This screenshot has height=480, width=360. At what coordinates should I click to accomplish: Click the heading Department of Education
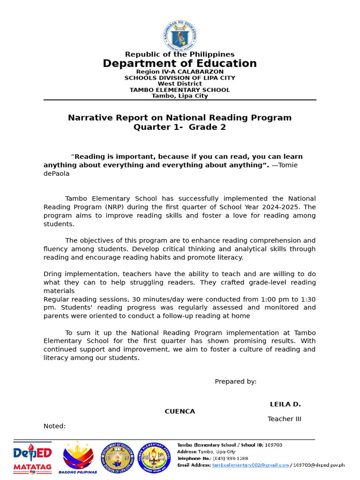[x=180, y=64]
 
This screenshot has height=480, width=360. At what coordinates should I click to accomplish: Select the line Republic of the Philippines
[x=180, y=54]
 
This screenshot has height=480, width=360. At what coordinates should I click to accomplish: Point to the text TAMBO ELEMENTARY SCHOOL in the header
[x=180, y=90]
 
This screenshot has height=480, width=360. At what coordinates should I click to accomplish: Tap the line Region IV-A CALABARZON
[x=180, y=72]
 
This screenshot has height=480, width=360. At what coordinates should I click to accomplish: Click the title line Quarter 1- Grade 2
[x=180, y=127]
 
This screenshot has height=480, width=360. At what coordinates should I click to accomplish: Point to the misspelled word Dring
[x=53, y=274]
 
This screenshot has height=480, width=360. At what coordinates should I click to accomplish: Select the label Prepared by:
[x=235, y=382]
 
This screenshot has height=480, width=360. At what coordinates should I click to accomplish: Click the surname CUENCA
[x=180, y=412]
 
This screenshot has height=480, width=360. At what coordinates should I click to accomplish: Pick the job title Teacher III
[x=284, y=419]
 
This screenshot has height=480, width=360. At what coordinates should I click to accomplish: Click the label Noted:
[x=54, y=426]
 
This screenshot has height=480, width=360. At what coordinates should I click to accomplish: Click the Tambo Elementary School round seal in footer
[x=154, y=457]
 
